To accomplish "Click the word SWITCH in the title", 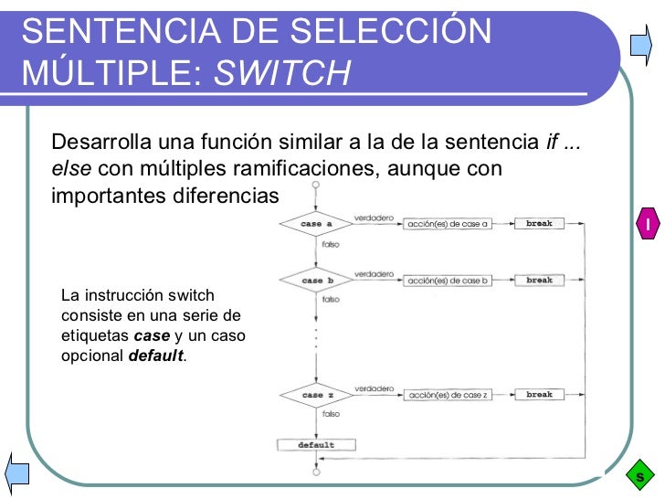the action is point(283,70).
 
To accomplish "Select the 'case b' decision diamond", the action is point(316,281).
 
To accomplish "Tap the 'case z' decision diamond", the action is point(316,395).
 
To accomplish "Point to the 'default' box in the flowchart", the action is point(316,445).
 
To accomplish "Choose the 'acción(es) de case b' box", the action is point(449,281).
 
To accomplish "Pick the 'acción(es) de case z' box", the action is point(449,395).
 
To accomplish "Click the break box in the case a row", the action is point(540,223).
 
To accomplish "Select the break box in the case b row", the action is point(540,280).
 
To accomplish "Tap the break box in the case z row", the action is point(540,395).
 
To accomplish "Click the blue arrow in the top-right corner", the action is point(639,44).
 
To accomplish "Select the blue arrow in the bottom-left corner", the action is point(17,472).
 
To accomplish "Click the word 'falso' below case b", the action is point(331,300).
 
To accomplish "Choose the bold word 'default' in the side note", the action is point(156,356).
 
